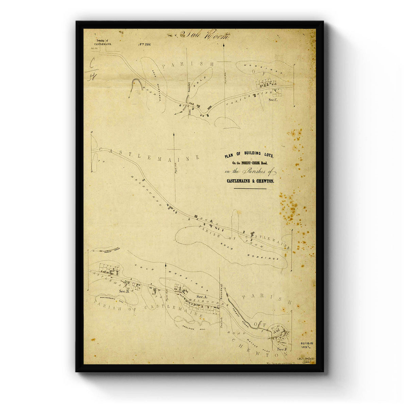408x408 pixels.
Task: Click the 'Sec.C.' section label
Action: (x=274, y=100)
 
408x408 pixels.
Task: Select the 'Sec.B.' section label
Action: (x=124, y=291)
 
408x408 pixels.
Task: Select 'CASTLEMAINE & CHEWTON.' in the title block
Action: (x=251, y=181)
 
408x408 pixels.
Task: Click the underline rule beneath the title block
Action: (x=250, y=188)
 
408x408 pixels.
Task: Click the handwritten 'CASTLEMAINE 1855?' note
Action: (x=306, y=360)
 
